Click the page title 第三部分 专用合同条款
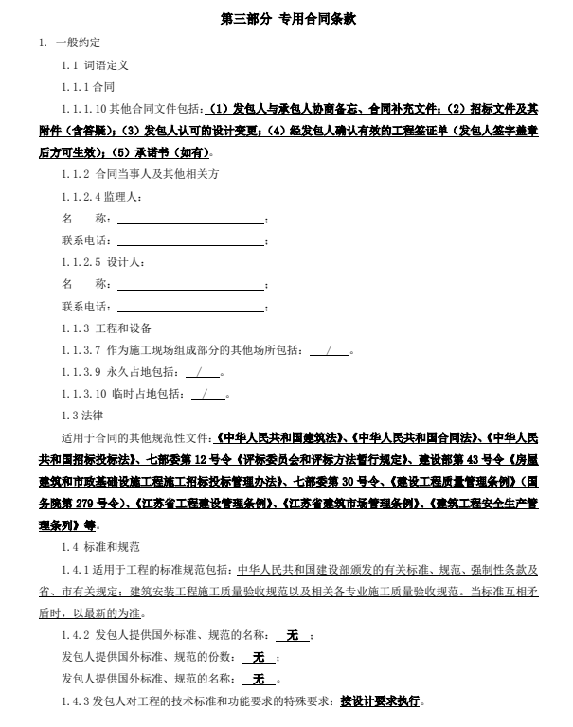288,18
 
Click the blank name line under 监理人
189,219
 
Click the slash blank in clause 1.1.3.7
330,350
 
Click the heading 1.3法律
81,416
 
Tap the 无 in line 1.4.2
293,634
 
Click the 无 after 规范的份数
259,657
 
